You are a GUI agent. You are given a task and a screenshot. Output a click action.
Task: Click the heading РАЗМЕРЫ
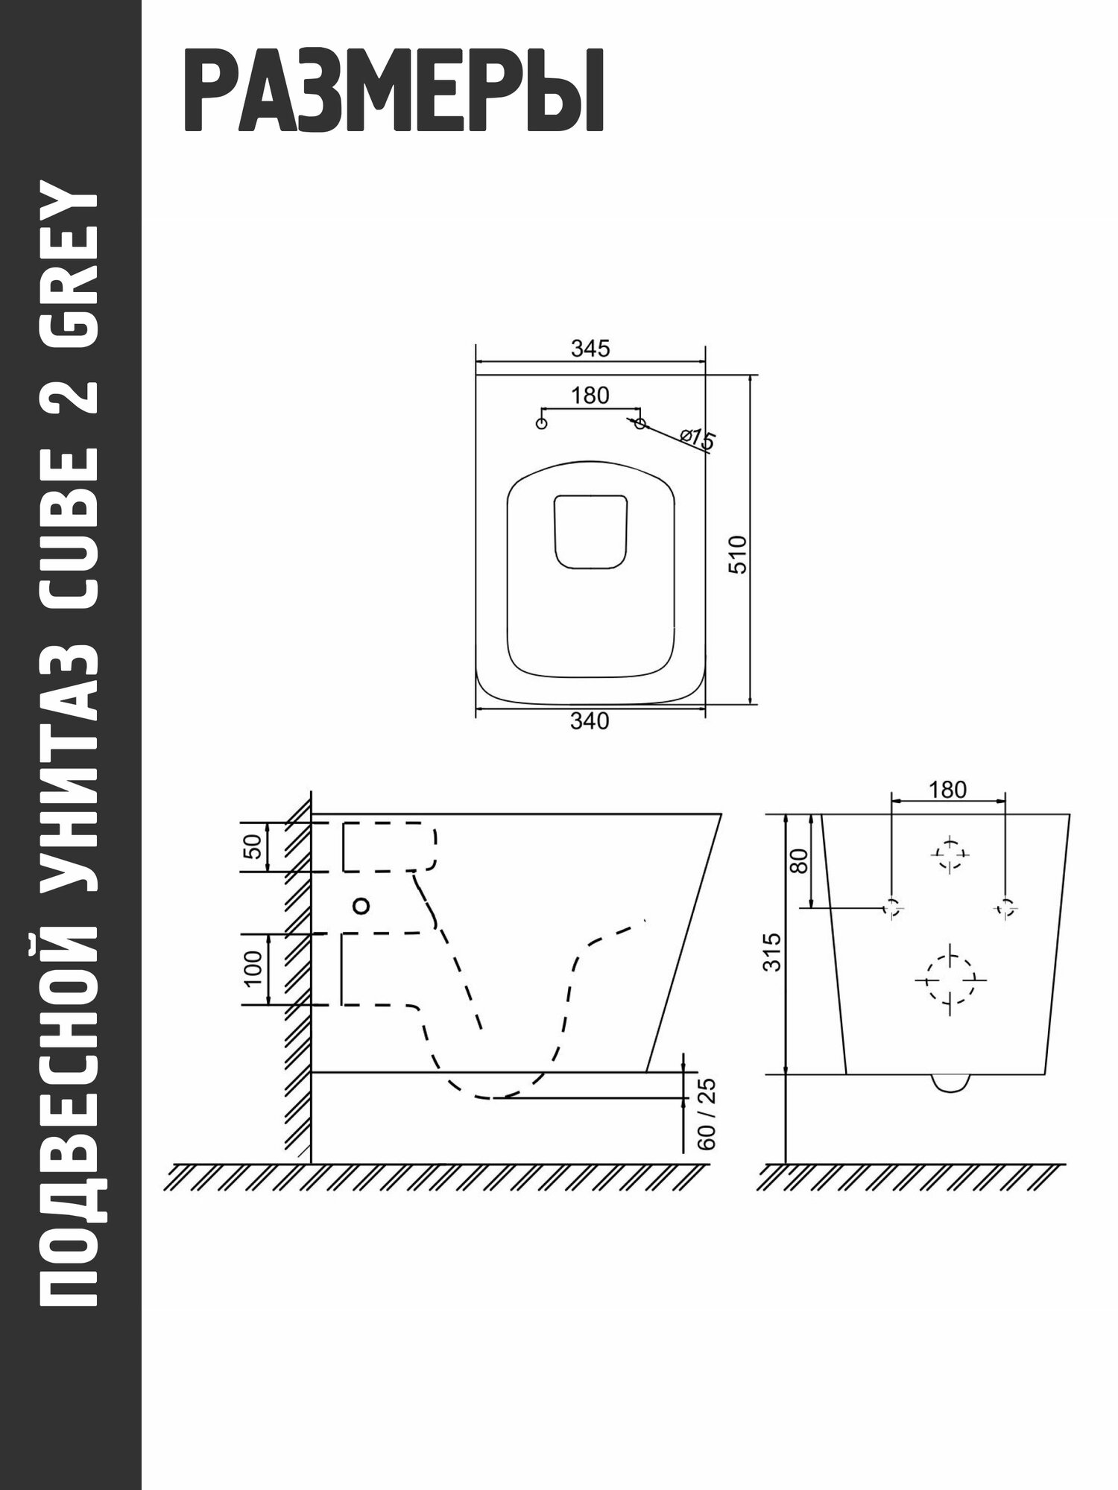tap(393, 92)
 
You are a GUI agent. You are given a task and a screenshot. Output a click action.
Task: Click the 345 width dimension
tap(590, 348)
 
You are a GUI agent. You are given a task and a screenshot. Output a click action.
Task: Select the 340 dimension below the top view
tap(590, 721)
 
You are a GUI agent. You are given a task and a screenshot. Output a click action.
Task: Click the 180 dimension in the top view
tap(590, 396)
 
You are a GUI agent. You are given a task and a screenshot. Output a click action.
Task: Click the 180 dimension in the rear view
tap(947, 790)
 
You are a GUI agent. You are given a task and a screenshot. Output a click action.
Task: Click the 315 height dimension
tap(773, 951)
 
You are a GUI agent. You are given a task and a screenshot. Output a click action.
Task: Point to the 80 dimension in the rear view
tap(799, 861)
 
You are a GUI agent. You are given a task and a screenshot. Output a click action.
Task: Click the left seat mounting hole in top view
tap(542, 423)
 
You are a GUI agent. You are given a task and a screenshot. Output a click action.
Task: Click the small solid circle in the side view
tap(361, 906)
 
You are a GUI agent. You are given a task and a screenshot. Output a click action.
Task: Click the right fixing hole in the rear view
tap(1005, 907)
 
